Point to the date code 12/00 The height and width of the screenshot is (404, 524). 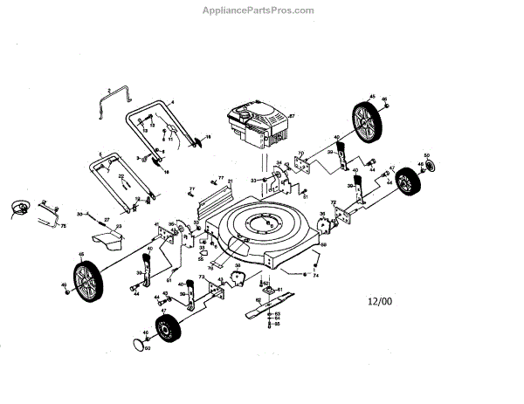tap(381, 302)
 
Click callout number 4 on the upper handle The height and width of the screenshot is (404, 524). tap(172, 102)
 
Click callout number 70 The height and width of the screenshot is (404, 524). tap(300, 154)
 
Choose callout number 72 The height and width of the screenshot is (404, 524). tap(333, 202)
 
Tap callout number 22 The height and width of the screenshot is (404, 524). tap(122, 176)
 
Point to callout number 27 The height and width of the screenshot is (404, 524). tap(107, 219)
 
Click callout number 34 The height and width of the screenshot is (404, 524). tap(279, 163)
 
